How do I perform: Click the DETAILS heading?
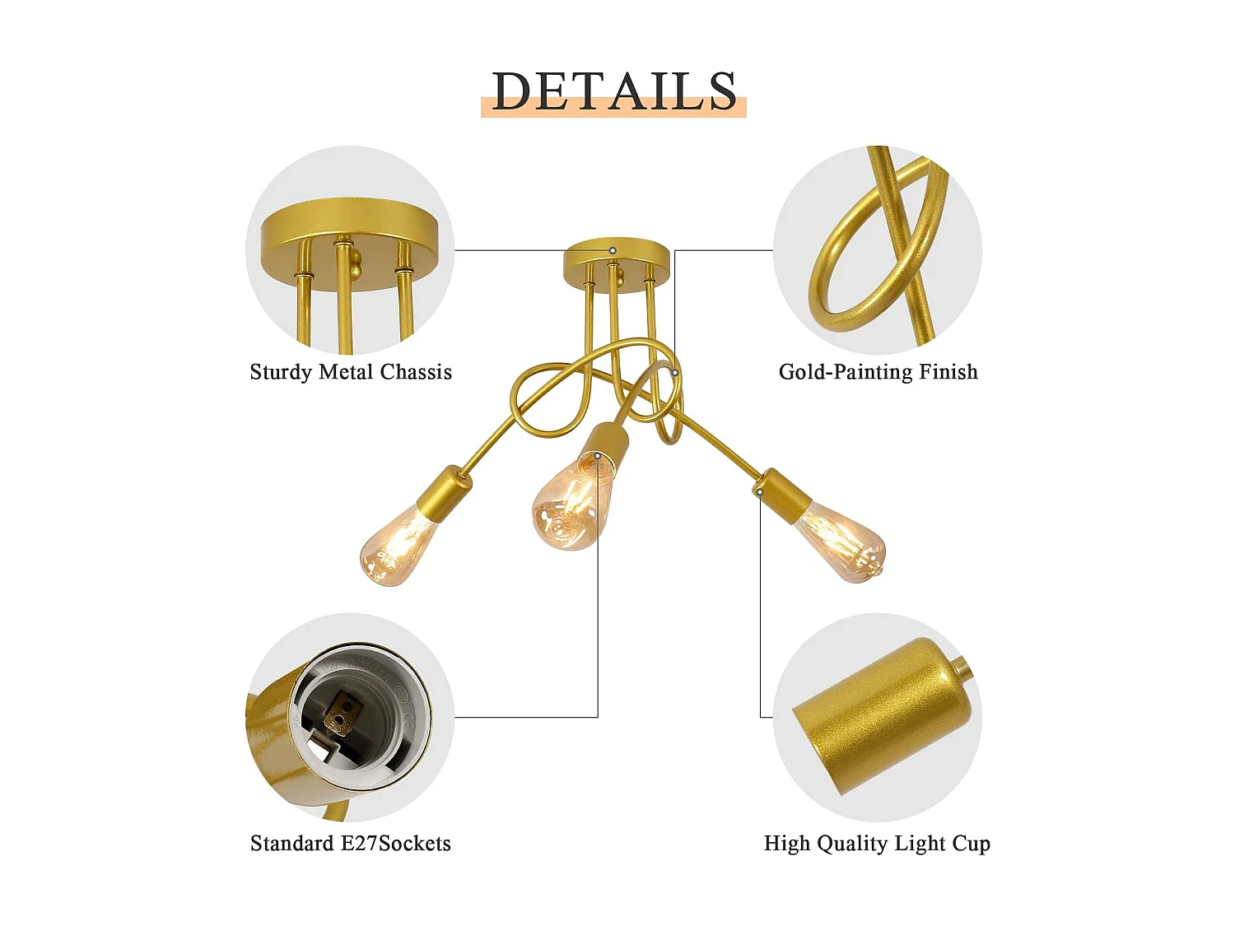(x=614, y=91)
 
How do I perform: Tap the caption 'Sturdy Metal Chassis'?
(x=351, y=372)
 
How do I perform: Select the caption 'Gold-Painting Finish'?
(x=878, y=372)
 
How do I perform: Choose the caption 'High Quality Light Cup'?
(x=877, y=844)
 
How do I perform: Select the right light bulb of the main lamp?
(x=841, y=542)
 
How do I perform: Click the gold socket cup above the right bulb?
(x=783, y=495)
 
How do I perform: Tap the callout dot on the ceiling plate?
(x=613, y=250)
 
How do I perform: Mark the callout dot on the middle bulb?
(x=598, y=455)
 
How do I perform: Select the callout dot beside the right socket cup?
(x=760, y=492)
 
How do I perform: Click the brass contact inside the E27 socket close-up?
(x=340, y=712)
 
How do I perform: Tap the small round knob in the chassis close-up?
(x=356, y=263)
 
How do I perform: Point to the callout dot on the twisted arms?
(x=675, y=372)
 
